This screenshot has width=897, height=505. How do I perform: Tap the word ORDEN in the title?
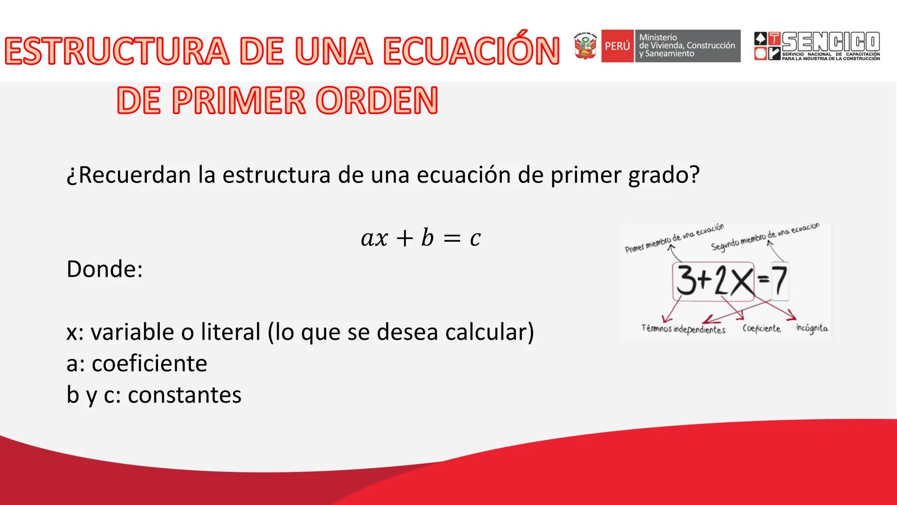[x=377, y=101]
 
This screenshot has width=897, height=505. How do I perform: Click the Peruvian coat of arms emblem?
[x=585, y=46]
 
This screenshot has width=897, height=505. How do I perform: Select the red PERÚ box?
[x=617, y=46]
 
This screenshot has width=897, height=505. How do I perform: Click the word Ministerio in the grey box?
[x=658, y=37]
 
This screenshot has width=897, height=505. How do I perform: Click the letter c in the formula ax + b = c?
[x=475, y=238]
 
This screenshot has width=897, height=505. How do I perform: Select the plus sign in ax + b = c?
[x=405, y=238]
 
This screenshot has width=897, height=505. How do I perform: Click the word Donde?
[x=105, y=269]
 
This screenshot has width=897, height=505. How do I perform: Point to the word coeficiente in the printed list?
[x=149, y=363]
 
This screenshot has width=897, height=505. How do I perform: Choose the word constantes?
[x=185, y=395]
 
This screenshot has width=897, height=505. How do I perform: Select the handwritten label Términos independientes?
[x=683, y=329]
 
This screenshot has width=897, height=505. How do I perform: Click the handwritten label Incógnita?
[x=812, y=328]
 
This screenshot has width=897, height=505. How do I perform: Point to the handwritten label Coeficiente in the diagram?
[x=762, y=328]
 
